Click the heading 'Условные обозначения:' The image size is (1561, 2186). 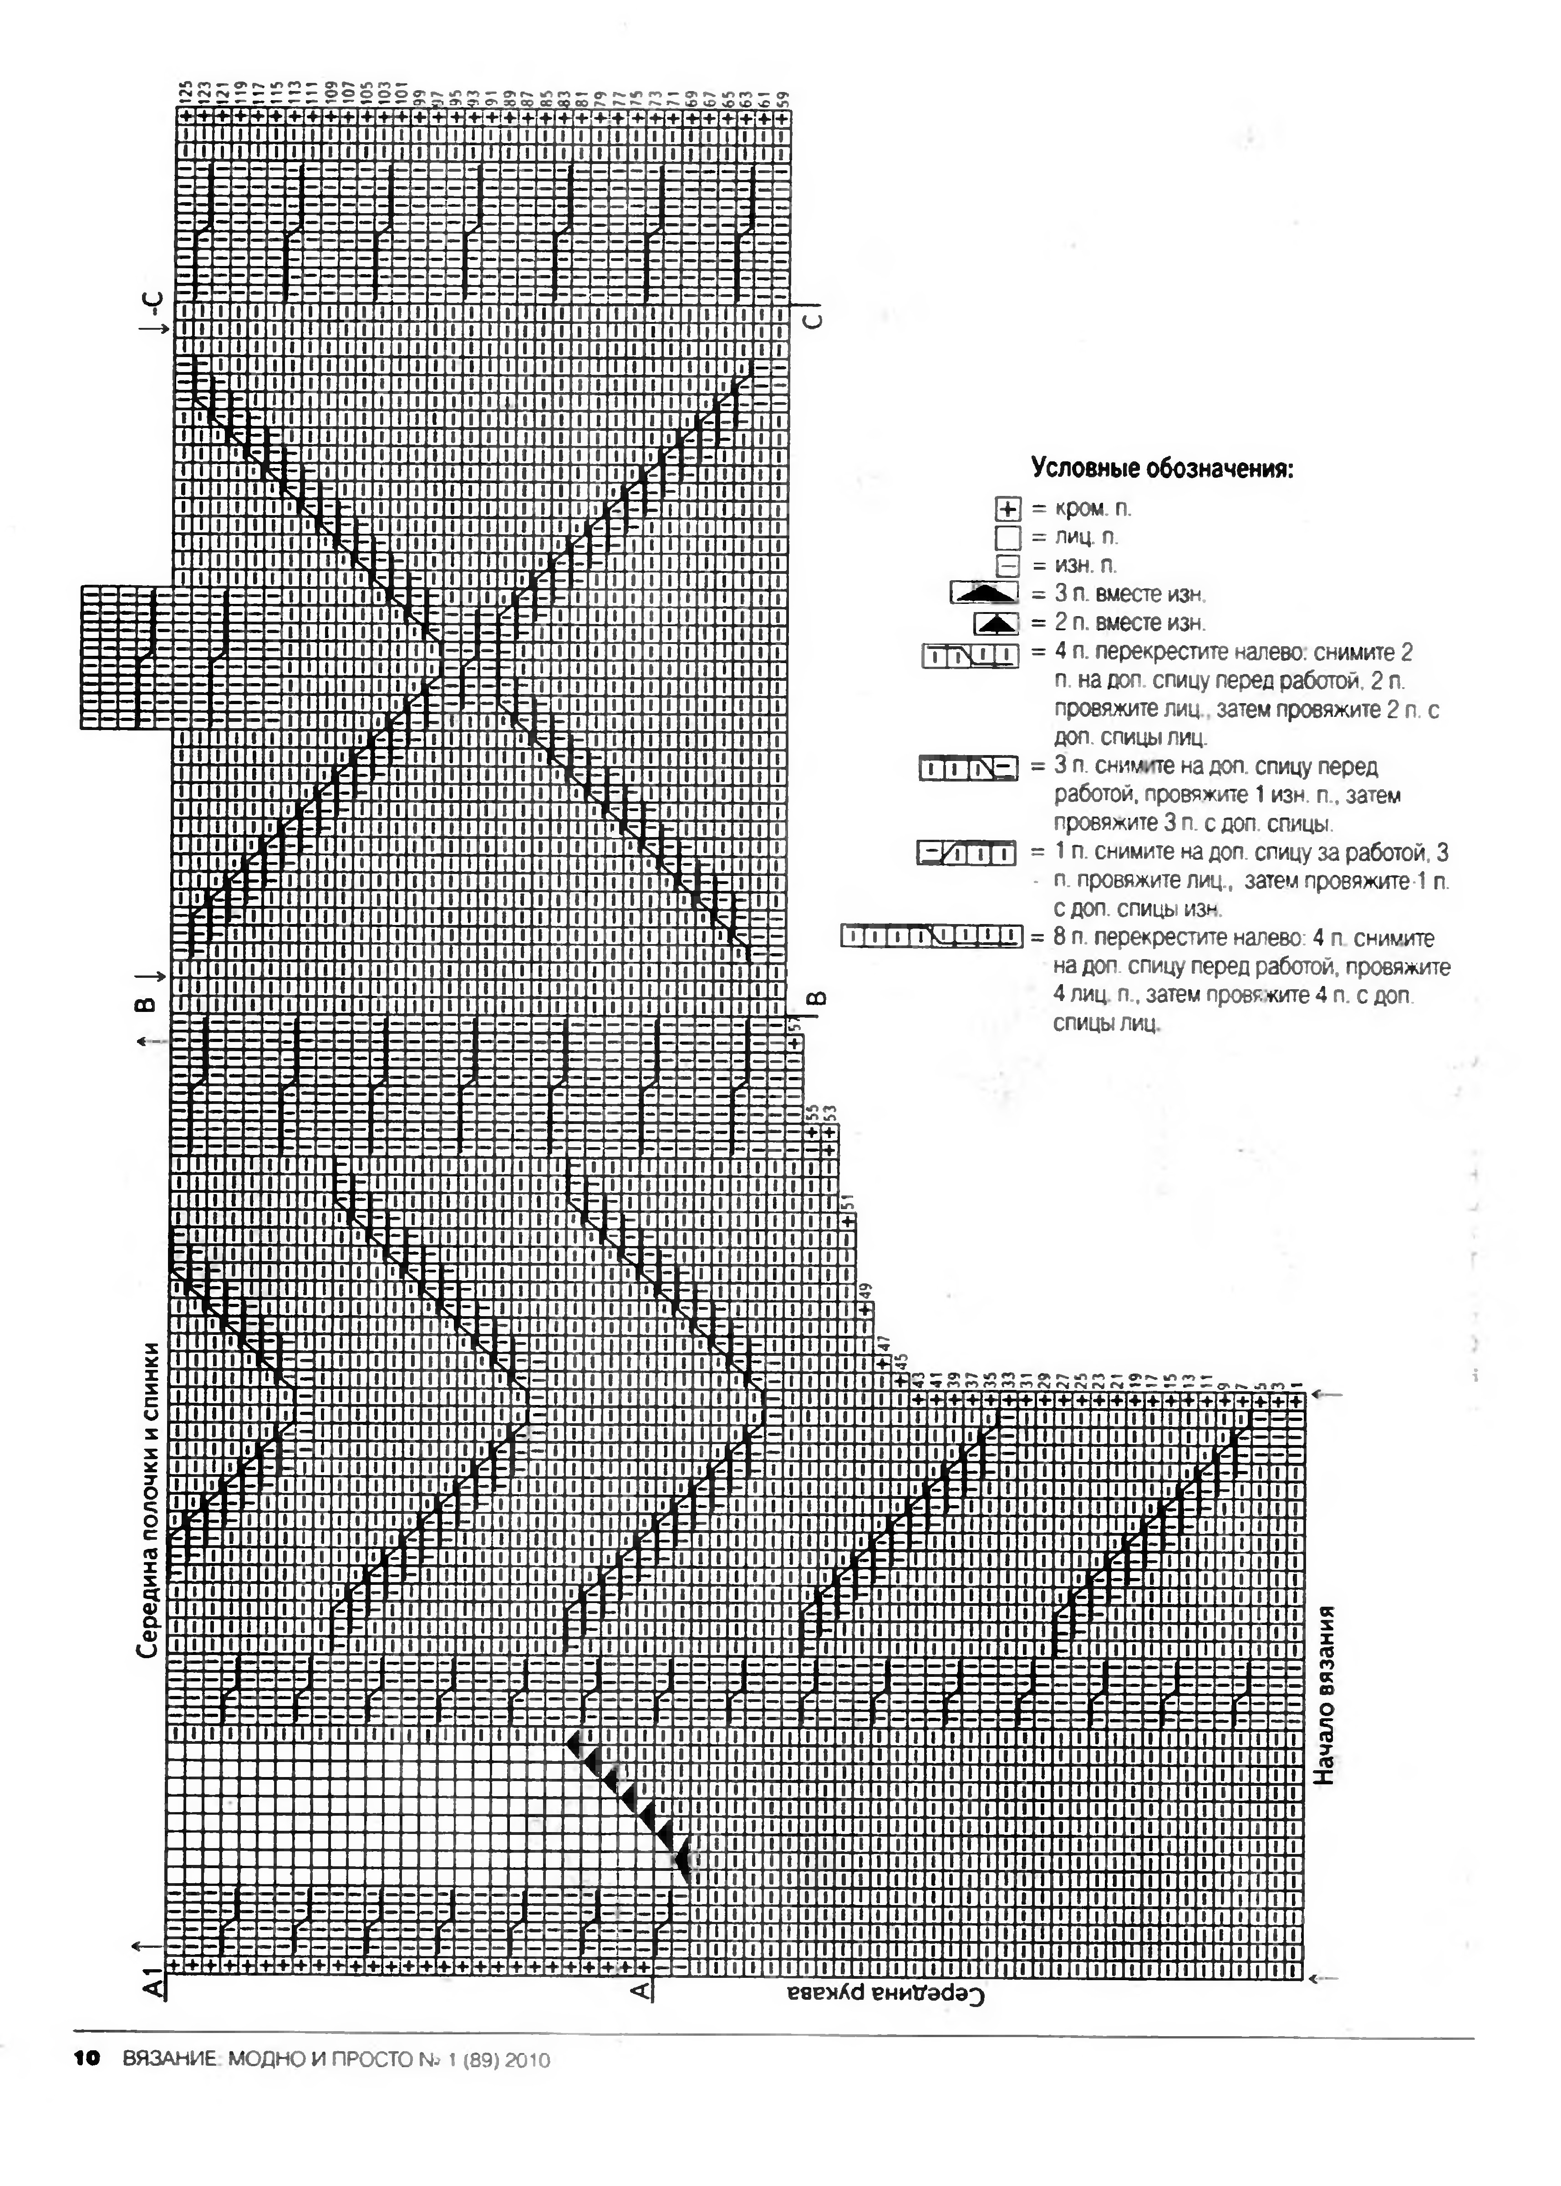point(1161,469)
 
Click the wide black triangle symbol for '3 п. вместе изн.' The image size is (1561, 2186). point(984,593)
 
